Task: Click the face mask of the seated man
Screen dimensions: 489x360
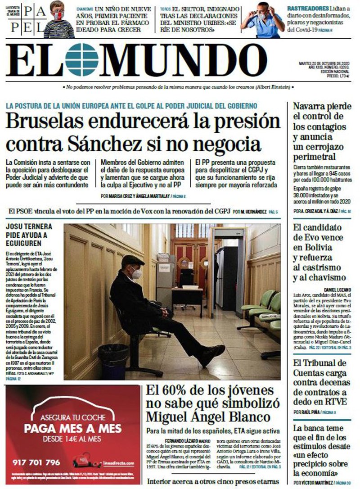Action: (136, 273)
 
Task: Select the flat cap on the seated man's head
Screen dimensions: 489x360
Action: (133, 260)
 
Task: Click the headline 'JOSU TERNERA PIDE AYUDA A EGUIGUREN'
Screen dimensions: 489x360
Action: (29, 235)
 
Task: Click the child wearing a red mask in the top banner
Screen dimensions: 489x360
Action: (58, 20)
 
